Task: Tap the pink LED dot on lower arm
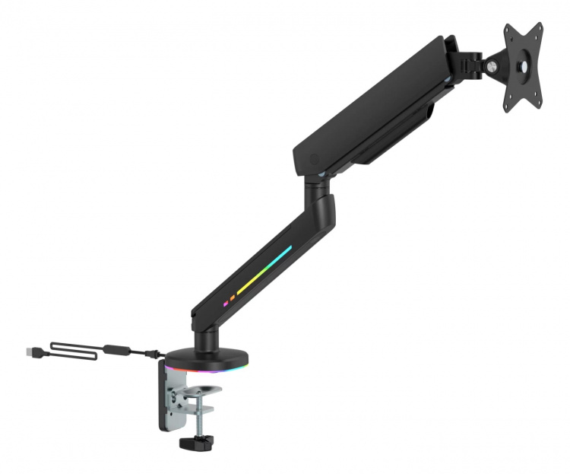pos(225,303)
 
